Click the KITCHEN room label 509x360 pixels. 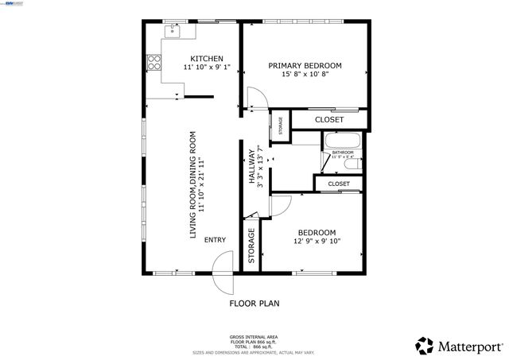coord(207,58)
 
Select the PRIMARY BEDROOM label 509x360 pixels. coord(305,66)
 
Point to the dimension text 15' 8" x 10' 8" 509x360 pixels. coord(305,75)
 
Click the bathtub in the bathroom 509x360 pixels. coord(343,142)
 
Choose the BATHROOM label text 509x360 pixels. coord(342,153)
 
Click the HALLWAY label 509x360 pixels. coord(251,167)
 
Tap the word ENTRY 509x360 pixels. coord(215,240)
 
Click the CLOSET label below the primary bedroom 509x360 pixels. coord(329,120)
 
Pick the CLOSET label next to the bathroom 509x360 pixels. coord(339,184)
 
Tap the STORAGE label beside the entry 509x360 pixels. coord(251,246)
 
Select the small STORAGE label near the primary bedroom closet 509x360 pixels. coord(280,126)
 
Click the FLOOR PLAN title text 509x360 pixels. coord(254,303)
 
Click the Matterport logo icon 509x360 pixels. coord(425,346)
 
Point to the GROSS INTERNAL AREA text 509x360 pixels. coord(254,337)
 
